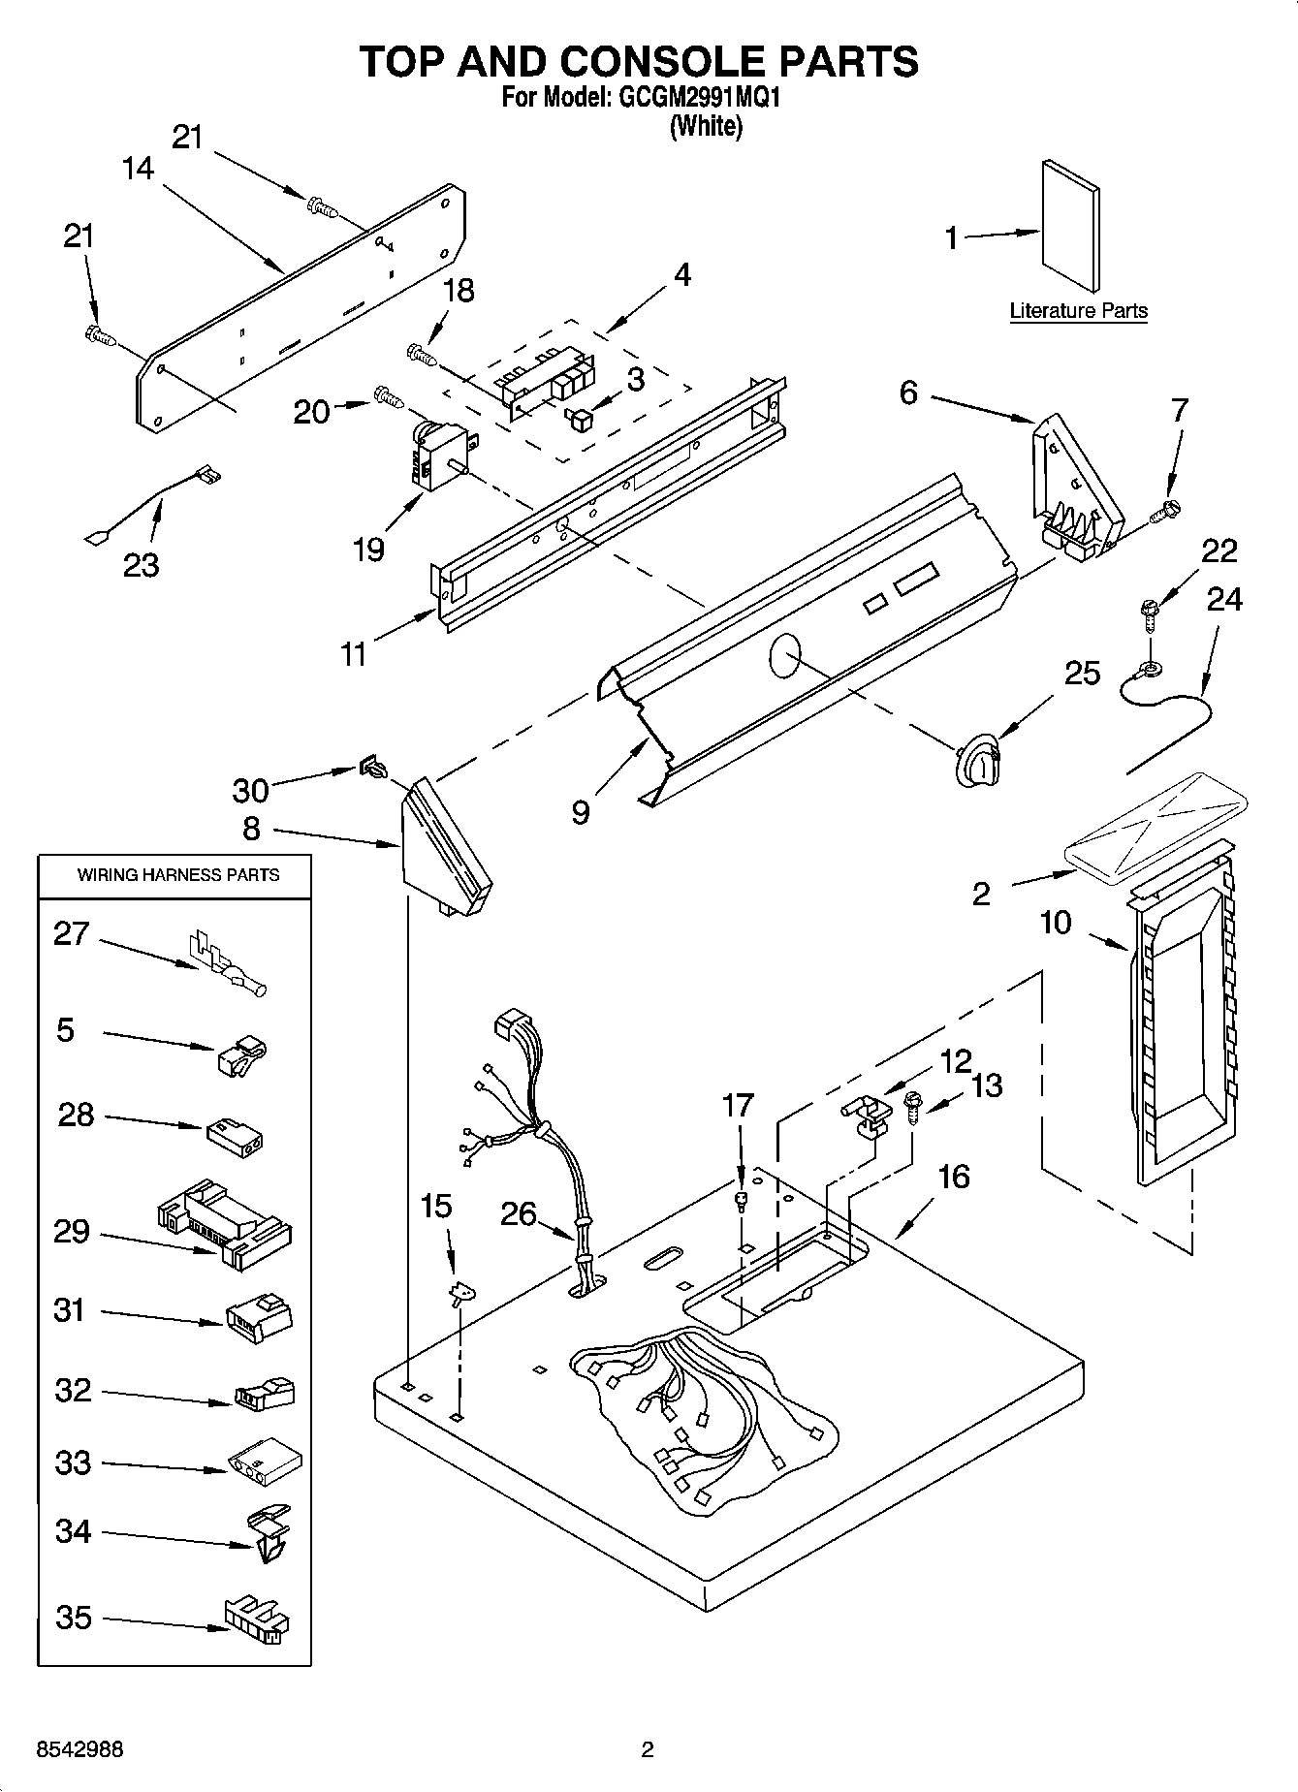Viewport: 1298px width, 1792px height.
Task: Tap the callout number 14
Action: click(x=138, y=169)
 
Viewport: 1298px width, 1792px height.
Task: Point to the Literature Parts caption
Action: click(x=1078, y=311)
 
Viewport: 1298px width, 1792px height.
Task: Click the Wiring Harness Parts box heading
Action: click(x=177, y=874)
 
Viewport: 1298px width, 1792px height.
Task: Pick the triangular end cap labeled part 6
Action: click(x=1074, y=488)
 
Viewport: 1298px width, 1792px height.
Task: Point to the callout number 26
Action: click(x=519, y=1212)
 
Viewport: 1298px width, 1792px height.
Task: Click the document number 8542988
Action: click(x=79, y=1749)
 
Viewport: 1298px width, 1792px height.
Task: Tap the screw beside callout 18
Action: click(x=421, y=355)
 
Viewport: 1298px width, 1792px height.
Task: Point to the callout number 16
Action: click(x=953, y=1177)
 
